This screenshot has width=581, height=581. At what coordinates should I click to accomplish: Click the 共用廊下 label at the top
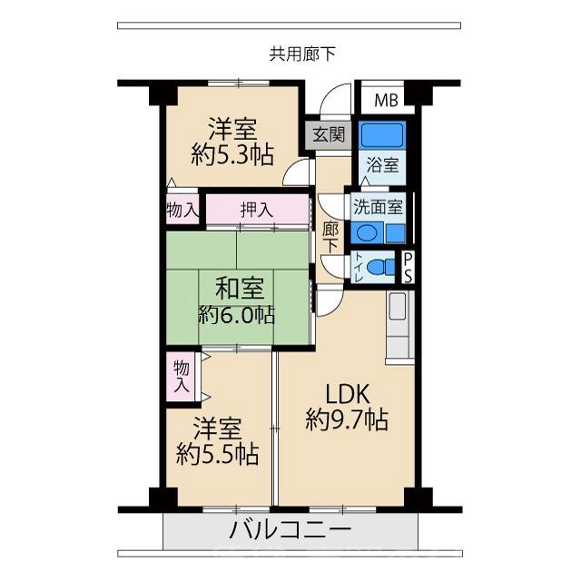302,54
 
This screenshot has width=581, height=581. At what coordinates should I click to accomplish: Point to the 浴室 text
382,166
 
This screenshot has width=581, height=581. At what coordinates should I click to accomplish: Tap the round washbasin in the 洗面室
366,232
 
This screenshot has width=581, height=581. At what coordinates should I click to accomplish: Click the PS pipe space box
409,268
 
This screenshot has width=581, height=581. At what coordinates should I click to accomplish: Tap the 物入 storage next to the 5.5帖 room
181,375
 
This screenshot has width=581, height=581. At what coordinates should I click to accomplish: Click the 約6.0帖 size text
238,315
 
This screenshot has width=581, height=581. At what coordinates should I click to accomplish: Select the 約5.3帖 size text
234,155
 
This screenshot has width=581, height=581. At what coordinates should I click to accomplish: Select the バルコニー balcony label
290,529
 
